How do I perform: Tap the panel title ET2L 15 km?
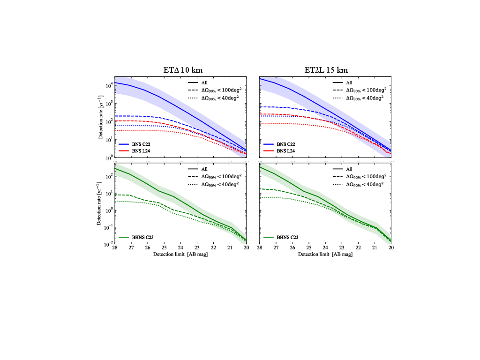click(326, 70)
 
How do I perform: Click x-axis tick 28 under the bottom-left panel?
click(114, 248)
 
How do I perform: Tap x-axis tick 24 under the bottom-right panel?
click(325, 248)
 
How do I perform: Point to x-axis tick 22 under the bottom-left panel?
click(213, 248)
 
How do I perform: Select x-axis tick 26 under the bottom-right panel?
click(292, 248)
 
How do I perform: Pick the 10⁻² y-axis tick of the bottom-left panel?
click(107, 244)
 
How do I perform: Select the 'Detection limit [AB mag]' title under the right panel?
click(325, 255)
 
